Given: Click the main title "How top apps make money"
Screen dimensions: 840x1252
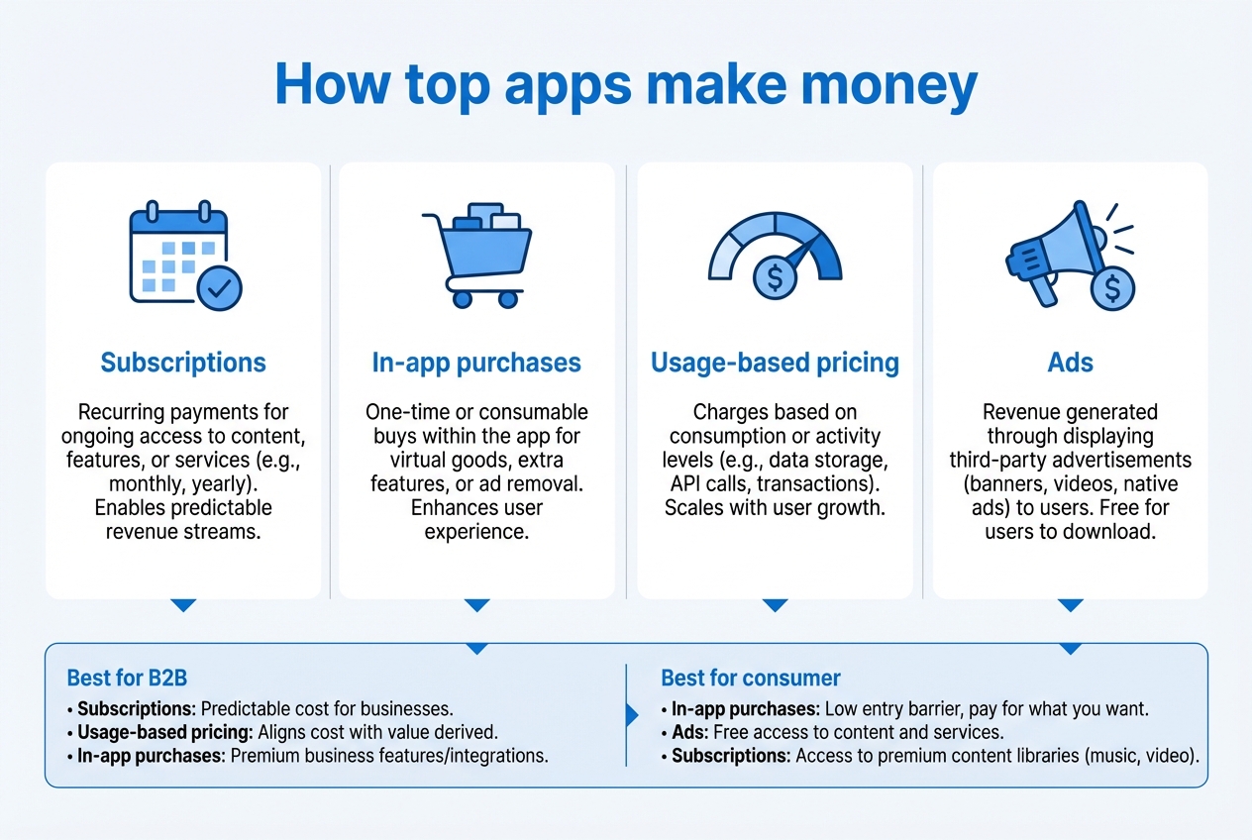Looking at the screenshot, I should point(625,86).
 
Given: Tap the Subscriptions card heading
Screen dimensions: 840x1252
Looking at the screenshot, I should point(183,363).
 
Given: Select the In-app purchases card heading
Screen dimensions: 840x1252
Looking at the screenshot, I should point(476,363).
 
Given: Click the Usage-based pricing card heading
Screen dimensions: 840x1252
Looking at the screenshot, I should point(775,363).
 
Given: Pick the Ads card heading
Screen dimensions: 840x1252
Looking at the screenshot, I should point(1070,363).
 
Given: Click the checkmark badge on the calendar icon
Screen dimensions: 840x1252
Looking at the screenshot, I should point(219,287).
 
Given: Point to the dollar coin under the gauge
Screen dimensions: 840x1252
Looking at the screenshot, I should point(775,278).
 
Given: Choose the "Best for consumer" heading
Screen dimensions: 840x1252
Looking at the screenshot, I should point(750,679).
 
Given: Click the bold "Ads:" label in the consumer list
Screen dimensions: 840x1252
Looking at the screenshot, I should point(691,733).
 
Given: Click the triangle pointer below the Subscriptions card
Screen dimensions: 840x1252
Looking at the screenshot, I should point(183,604).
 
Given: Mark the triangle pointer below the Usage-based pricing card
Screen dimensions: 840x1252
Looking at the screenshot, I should point(775,604).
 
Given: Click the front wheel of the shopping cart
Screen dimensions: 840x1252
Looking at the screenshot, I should point(508,298).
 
